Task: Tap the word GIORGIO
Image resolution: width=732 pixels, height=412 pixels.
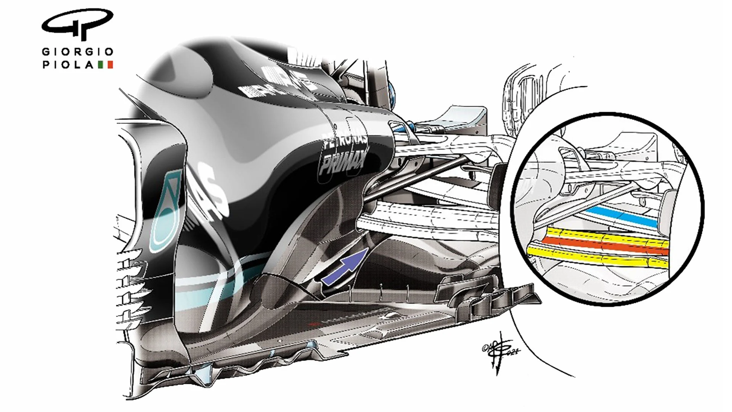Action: tap(77, 51)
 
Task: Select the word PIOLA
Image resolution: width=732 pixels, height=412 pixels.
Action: tap(68, 65)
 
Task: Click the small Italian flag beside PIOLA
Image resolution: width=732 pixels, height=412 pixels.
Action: tap(106, 65)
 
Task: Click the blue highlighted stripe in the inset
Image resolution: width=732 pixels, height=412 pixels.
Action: tap(621, 217)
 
